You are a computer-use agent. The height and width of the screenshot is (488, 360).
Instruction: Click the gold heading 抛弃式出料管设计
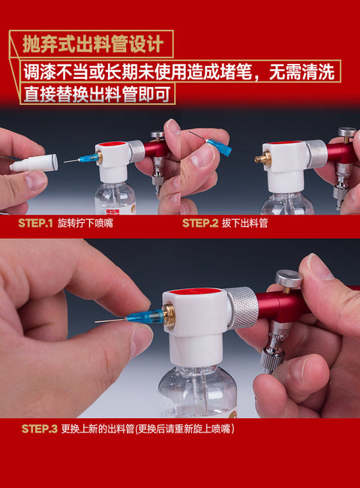(93, 44)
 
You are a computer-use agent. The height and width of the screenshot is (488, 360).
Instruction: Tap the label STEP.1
(35, 224)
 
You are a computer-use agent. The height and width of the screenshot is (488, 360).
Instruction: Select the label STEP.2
(200, 224)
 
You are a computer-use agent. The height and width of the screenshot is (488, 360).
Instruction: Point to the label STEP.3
(40, 429)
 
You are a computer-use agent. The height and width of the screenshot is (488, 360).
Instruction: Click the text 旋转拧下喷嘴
(85, 224)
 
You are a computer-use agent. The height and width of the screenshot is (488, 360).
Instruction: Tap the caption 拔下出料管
(244, 224)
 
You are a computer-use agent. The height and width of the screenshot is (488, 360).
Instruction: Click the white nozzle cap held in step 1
(34, 163)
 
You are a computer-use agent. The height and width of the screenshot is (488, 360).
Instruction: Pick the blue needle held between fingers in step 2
(211, 143)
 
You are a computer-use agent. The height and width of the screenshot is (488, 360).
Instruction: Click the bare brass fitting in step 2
(260, 158)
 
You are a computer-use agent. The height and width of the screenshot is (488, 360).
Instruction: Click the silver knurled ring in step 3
(241, 308)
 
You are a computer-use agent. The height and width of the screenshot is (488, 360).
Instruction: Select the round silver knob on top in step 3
(289, 279)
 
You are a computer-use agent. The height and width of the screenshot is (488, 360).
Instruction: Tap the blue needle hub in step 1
(89, 158)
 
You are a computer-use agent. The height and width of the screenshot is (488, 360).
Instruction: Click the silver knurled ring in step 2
(316, 154)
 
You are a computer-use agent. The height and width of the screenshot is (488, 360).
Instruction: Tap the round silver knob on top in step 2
(347, 131)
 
